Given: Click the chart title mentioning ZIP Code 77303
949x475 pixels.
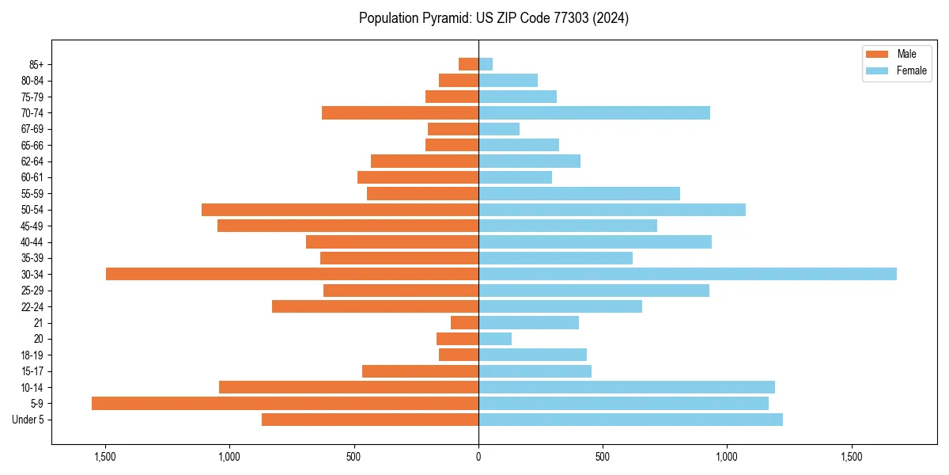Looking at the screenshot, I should (493, 18).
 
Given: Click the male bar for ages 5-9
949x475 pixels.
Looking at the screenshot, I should (285, 403).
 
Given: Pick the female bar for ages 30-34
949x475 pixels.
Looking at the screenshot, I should (687, 274).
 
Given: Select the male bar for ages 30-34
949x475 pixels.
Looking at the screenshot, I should (292, 274).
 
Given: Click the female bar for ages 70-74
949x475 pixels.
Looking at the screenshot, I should (594, 112).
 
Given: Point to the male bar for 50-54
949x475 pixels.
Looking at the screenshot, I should (340, 210).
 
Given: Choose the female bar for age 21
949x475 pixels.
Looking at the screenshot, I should (528, 322).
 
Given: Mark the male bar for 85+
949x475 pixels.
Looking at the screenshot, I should (468, 64).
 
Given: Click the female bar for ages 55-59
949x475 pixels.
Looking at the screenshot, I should (579, 193).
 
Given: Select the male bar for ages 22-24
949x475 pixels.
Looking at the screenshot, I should (375, 306).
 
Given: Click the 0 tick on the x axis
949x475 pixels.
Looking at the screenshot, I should (478, 457).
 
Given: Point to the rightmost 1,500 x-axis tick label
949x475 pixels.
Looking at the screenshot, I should (852, 457).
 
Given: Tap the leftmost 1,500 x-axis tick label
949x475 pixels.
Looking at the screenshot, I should (105, 457).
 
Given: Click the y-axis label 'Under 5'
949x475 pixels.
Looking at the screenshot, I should (28, 420).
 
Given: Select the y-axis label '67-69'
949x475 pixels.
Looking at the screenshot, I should (32, 129).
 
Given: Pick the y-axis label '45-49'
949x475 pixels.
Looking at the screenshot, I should (32, 226).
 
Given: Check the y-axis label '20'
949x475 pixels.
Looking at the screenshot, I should (39, 339).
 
